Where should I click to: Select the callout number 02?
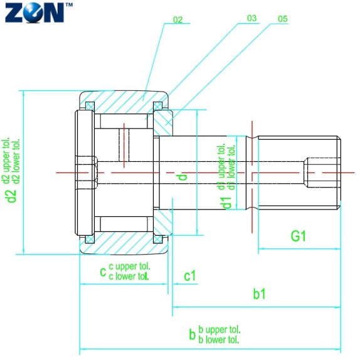pyautogui.click(x=177, y=21)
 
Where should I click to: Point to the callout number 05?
pyautogui.click(x=282, y=19)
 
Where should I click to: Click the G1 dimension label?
pyautogui.click(x=298, y=236)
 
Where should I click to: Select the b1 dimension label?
pyautogui.click(x=259, y=294)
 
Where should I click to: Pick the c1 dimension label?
pyautogui.click(x=189, y=275)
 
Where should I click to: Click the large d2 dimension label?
pyautogui.click(x=11, y=196)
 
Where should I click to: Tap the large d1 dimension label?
pyautogui.click(x=227, y=203)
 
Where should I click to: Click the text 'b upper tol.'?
pyautogui.click(x=220, y=330)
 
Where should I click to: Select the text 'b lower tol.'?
pyautogui.click(x=220, y=340)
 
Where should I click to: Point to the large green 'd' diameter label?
pyautogui.click(x=183, y=177)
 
